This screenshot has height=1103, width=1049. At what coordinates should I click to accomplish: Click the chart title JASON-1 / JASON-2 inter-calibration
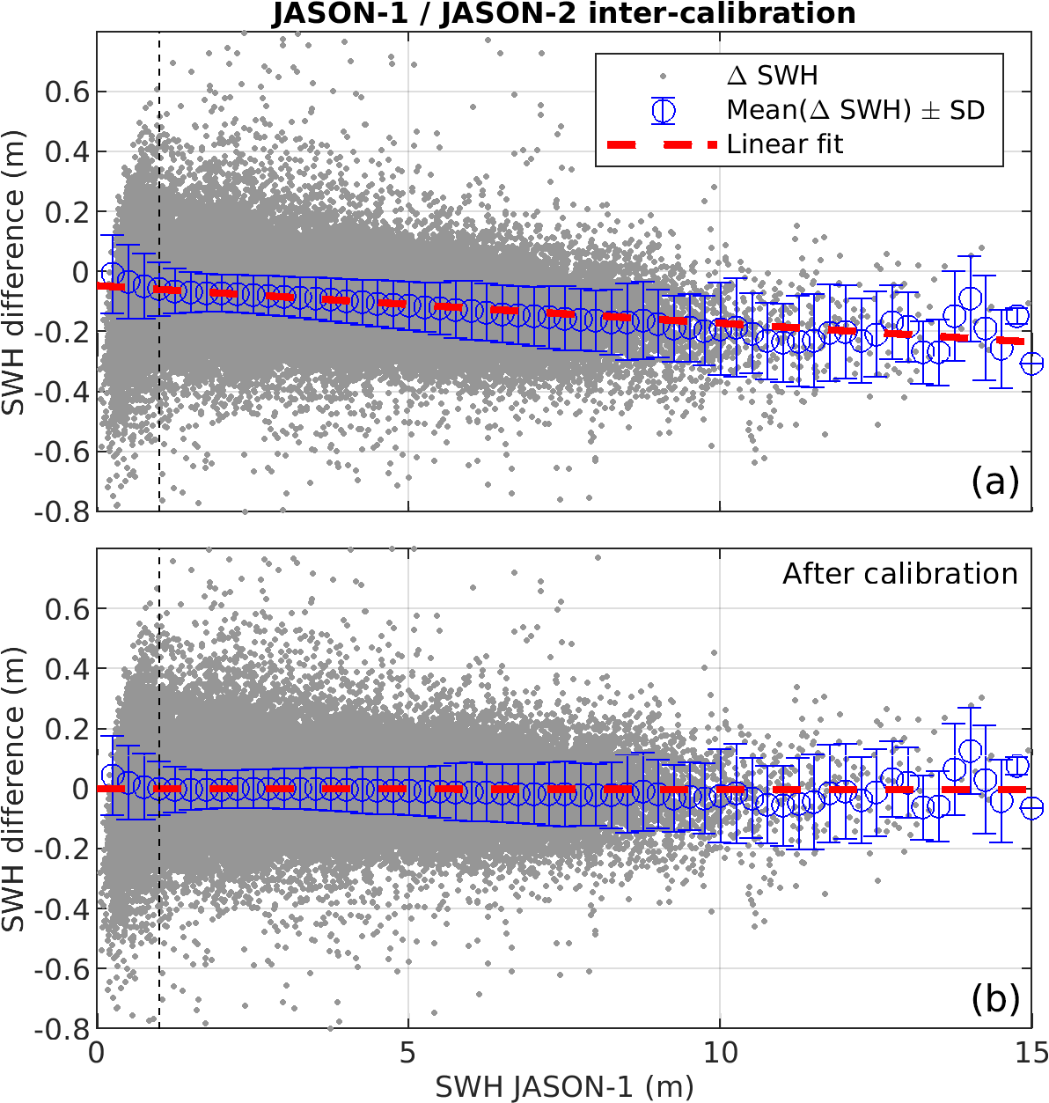click(563, 14)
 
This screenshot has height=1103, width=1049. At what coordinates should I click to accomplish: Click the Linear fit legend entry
click(784, 144)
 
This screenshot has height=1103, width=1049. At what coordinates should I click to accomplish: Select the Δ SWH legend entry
click(772, 76)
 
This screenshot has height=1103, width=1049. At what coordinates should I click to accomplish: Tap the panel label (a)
click(995, 481)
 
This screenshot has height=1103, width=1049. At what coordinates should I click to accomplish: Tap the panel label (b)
click(995, 998)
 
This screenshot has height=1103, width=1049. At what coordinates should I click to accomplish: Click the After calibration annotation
click(899, 574)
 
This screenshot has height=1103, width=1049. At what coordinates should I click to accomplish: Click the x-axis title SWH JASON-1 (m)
click(564, 1087)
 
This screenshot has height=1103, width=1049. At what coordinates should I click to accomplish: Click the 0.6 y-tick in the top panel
click(69, 92)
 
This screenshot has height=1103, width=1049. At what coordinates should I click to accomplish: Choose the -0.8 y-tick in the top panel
click(63, 511)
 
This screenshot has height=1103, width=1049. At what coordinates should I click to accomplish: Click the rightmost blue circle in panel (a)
click(1031, 363)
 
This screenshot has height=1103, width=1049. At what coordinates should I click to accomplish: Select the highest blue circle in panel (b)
click(971, 751)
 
